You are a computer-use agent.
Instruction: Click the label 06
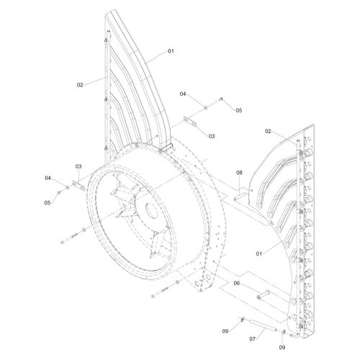pos(237,284)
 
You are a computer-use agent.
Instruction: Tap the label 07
pos(252,339)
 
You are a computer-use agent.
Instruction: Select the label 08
pos(239,173)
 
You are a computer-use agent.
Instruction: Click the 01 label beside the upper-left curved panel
pos(171,51)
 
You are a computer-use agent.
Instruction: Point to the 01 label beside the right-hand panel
pos(259,253)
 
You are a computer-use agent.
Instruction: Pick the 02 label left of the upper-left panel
pos(80,85)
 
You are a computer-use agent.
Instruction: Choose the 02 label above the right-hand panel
pos(268,131)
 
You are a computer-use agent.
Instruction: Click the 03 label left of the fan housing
pos(78,166)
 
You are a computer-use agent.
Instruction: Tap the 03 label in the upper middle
pos(212,136)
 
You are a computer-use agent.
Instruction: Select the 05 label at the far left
pos(48,203)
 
